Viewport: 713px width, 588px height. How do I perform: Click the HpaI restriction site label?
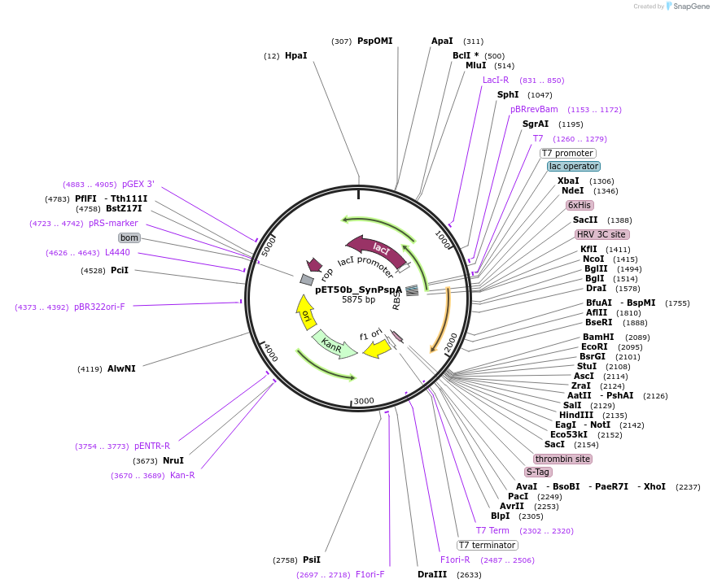click(x=296, y=55)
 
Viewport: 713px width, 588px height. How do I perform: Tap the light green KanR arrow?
click(x=334, y=345)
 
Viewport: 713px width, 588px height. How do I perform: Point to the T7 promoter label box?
click(x=568, y=153)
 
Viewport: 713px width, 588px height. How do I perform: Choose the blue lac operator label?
click(x=573, y=166)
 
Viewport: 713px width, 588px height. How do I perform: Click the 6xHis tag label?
click(x=580, y=206)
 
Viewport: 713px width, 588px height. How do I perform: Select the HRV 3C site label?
click(x=602, y=234)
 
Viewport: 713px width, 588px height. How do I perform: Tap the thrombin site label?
click(x=562, y=459)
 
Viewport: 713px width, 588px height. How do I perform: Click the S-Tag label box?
click(x=538, y=473)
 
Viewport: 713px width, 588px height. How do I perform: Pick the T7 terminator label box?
click(x=487, y=545)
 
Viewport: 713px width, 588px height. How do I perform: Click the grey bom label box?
click(x=129, y=237)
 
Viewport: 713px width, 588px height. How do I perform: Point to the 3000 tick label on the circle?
click(x=364, y=401)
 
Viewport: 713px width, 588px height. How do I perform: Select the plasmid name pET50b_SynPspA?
click(x=359, y=290)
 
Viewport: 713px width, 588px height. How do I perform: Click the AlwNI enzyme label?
click(x=121, y=368)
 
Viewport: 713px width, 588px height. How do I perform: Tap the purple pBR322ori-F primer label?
click(x=99, y=307)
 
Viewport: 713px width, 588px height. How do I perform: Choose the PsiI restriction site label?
click(x=312, y=560)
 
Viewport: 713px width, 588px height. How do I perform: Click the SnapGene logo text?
click(x=691, y=7)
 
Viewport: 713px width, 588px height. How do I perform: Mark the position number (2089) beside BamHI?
click(x=637, y=338)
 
